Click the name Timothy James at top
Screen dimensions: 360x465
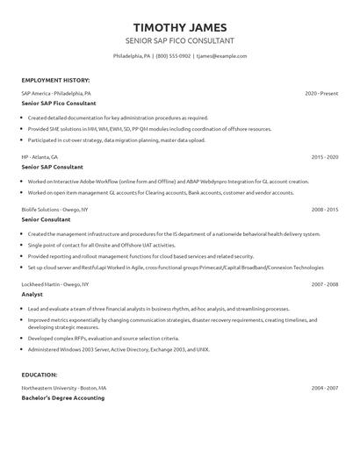coord(180,26)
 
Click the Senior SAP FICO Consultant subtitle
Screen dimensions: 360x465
coord(180,40)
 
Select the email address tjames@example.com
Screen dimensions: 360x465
coord(221,56)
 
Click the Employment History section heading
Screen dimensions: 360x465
coord(55,80)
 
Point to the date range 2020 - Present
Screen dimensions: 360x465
coord(321,93)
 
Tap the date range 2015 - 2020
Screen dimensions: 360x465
coord(325,156)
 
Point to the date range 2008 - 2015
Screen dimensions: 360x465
coord(325,210)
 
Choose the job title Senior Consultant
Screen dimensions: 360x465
coord(46,220)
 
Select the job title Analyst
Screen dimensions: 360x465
coord(32,295)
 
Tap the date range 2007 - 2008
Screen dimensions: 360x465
coord(325,284)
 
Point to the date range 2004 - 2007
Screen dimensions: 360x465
coord(325,387)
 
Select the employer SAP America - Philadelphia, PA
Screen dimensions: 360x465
coord(57,93)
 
